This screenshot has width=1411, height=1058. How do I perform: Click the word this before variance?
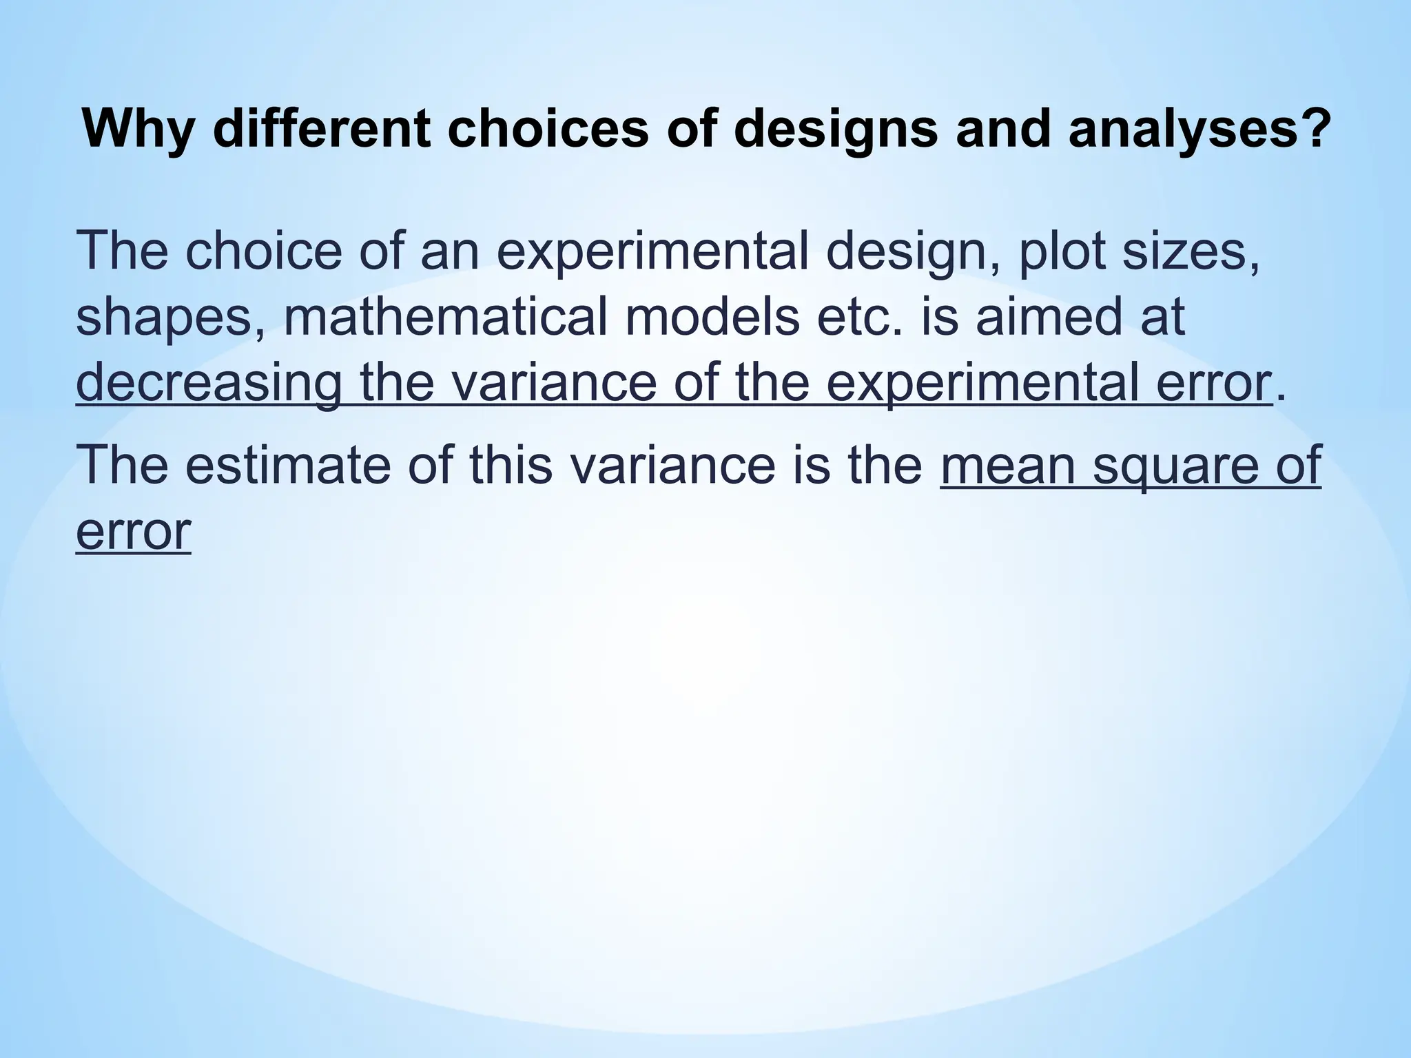click(511, 464)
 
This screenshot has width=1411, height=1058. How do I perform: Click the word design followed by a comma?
click(909, 253)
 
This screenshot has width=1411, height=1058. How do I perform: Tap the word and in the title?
click(1005, 129)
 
